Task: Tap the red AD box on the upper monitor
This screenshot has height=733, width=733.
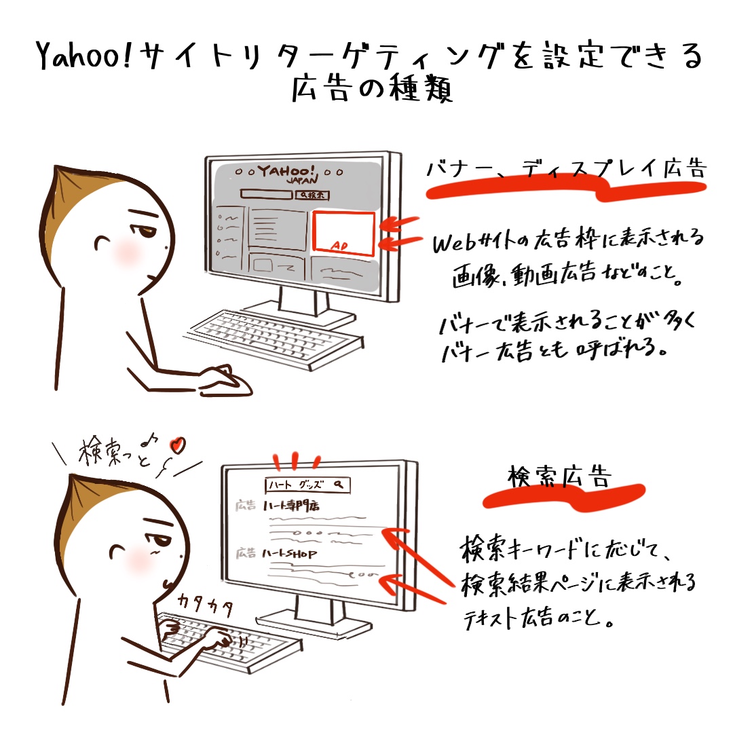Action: pyautogui.click(x=343, y=233)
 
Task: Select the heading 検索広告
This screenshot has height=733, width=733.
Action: pyautogui.click(x=559, y=476)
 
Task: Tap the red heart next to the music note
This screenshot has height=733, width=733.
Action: pyautogui.click(x=178, y=445)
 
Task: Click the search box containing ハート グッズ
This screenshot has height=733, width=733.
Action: pyautogui.click(x=307, y=485)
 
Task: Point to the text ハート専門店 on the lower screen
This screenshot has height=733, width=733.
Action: pyautogui.click(x=290, y=506)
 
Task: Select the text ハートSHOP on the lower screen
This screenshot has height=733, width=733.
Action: pyautogui.click(x=289, y=554)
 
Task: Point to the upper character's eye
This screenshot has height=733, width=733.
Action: pyautogui.click(x=143, y=231)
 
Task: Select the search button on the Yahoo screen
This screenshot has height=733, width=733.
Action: pyautogui.click(x=312, y=195)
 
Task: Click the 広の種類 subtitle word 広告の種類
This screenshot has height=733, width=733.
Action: pyautogui.click(x=372, y=88)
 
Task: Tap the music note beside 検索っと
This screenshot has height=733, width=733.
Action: pyautogui.click(x=149, y=439)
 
